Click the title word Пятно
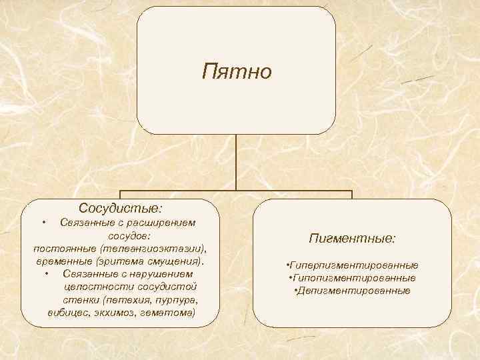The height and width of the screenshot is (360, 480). (x=237, y=71)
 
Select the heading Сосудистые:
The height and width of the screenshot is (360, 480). (x=120, y=209)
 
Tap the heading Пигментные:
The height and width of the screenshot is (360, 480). (x=353, y=237)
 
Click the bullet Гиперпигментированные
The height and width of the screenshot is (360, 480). (x=353, y=265)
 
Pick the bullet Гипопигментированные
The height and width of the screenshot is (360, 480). (x=353, y=277)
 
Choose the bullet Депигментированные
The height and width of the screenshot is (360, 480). (x=353, y=290)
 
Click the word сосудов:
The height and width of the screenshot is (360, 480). (x=129, y=235)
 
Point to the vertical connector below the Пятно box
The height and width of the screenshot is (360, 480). (x=236, y=160)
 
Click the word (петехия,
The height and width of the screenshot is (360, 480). (x=119, y=299)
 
